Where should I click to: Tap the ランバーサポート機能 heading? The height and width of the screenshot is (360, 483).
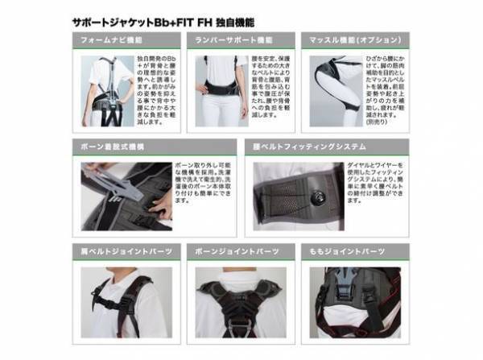238,39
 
